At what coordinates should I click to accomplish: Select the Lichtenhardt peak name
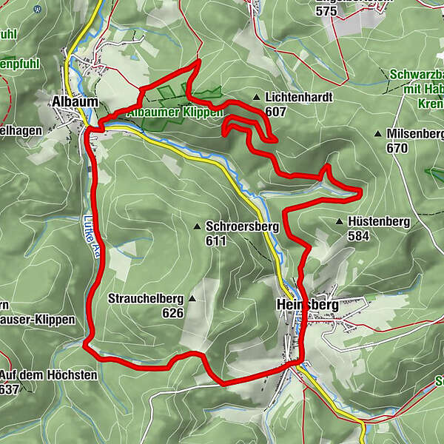[298, 98]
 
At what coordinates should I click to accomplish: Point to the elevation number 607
[275, 112]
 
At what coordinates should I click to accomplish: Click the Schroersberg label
[242, 226]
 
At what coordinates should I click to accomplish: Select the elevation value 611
[217, 240]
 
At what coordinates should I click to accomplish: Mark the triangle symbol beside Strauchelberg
[192, 299]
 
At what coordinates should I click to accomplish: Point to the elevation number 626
[172, 313]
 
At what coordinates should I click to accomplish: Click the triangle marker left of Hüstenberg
[339, 221]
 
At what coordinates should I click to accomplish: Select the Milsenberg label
[414, 134]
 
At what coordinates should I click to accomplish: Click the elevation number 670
[397, 148]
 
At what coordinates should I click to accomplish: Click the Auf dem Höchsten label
[49, 375]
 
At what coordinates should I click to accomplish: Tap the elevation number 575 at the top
[326, 10]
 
